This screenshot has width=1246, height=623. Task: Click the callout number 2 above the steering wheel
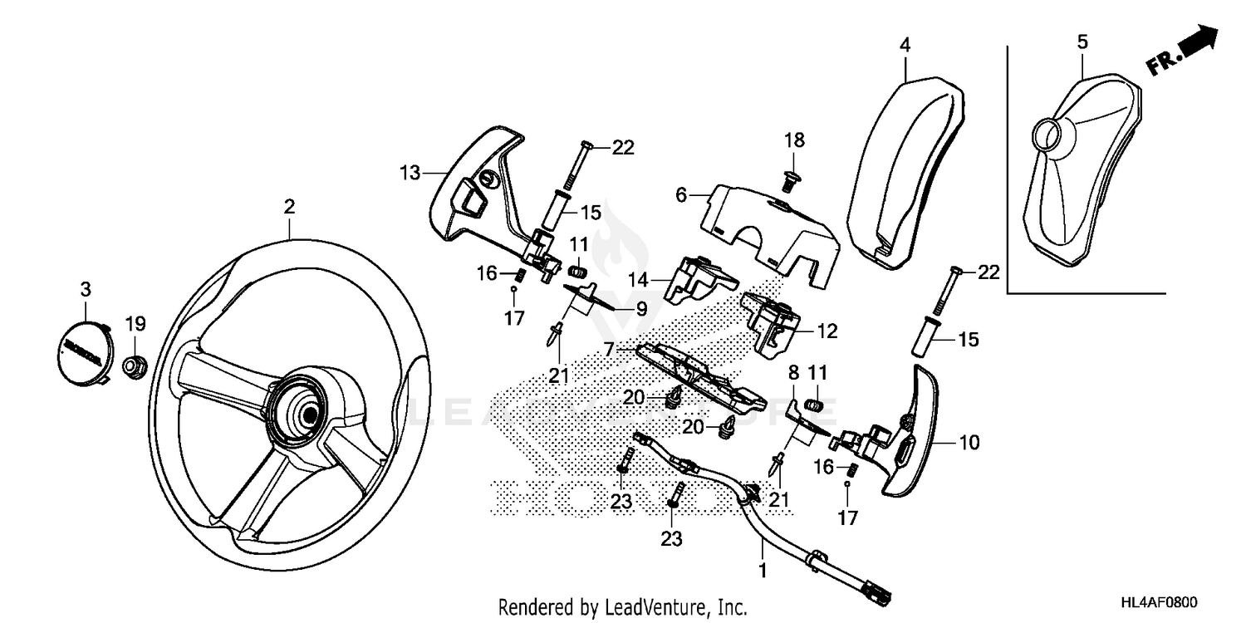[x=289, y=207]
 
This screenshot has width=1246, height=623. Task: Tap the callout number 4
[x=905, y=44]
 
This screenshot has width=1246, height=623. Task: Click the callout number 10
[x=969, y=442]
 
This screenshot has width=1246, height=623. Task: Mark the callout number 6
[x=681, y=195]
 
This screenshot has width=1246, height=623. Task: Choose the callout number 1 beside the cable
[x=763, y=571]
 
